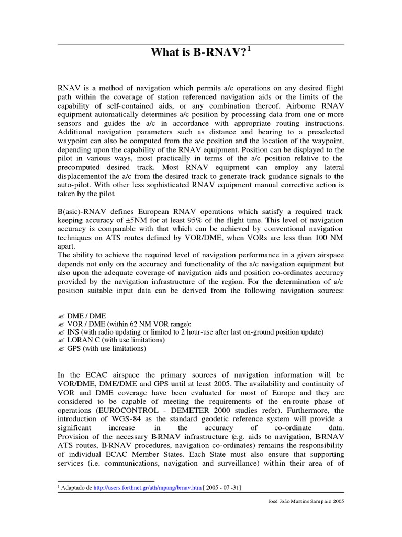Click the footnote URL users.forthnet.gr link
[137, 488]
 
